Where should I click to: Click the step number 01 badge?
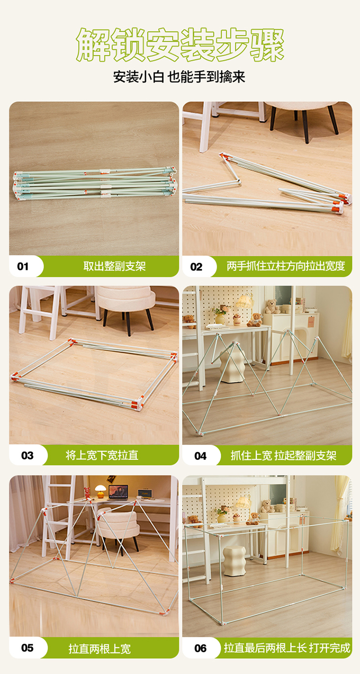coord(23,266)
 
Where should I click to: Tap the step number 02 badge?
coord(196,266)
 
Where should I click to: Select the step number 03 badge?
coord(27,455)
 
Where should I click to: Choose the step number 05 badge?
coord(27,648)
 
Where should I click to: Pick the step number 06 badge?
coord(200,648)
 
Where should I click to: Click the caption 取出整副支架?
coord(115,266)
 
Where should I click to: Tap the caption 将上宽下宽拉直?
coord(102,455)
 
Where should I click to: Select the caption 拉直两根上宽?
coord(99,648)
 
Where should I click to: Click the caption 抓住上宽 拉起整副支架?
coord(283,456)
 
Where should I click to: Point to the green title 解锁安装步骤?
coord(180,45)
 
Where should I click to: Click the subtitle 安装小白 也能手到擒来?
coord(179,77)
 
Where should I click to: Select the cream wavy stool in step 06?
coord(234,561)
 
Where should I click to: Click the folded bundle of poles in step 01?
coord(95,183)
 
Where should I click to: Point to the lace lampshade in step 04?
coord(245,301)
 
